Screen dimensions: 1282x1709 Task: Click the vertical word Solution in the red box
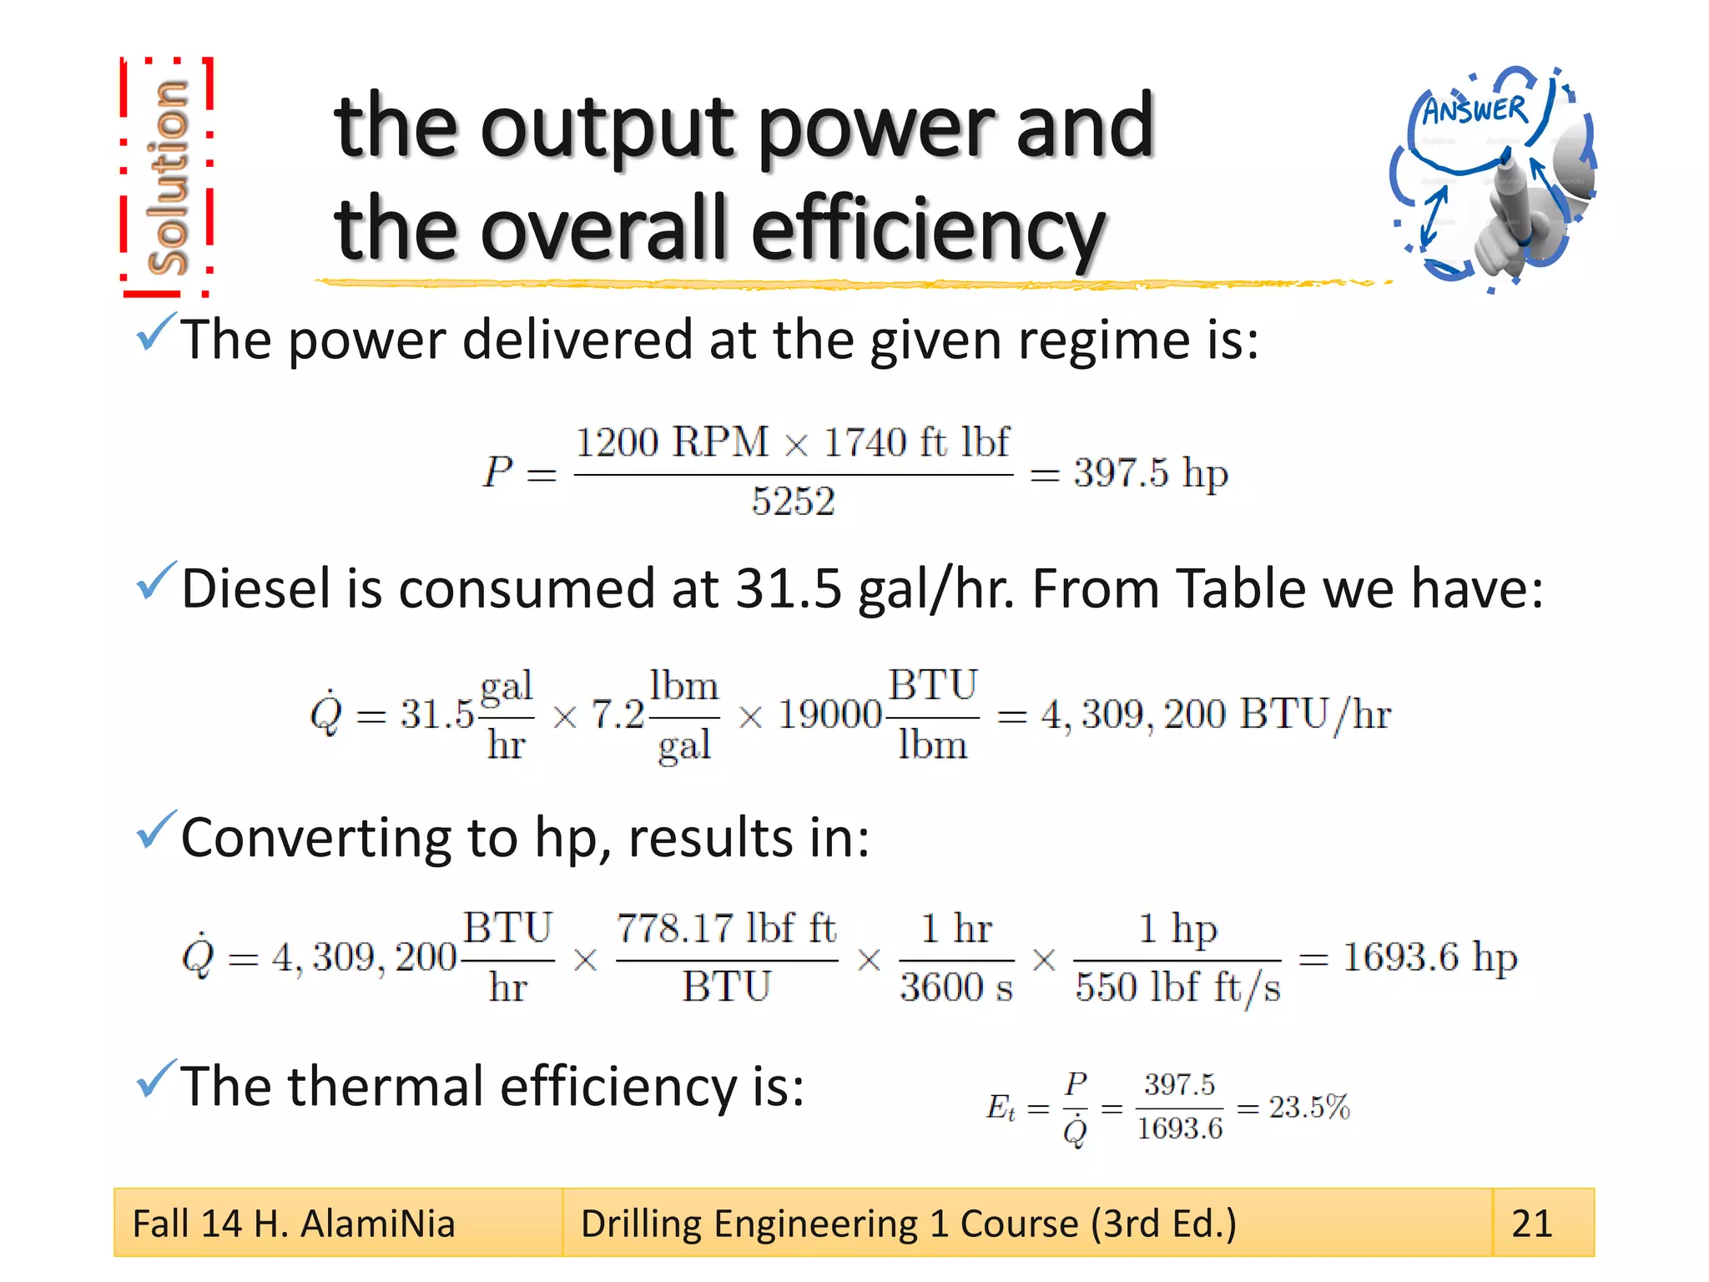(167, 177)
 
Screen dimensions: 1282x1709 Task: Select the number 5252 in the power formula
(793, 502)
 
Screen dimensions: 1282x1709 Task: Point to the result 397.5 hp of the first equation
(1151, 473)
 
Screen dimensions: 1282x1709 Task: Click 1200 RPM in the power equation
(672, 442)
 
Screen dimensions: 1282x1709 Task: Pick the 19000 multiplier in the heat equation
(829, 714)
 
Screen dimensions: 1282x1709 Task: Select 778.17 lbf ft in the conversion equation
(726, 928)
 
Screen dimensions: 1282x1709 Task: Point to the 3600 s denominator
(956, 987)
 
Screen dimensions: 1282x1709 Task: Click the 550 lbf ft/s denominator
(1177, 987)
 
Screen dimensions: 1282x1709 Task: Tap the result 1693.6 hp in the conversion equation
(1429, 957)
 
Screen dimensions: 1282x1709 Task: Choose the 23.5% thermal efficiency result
(1309, 1108)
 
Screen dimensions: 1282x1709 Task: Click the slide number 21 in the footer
(1532, 1224)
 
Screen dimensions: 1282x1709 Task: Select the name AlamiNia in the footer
(377, 1224)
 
